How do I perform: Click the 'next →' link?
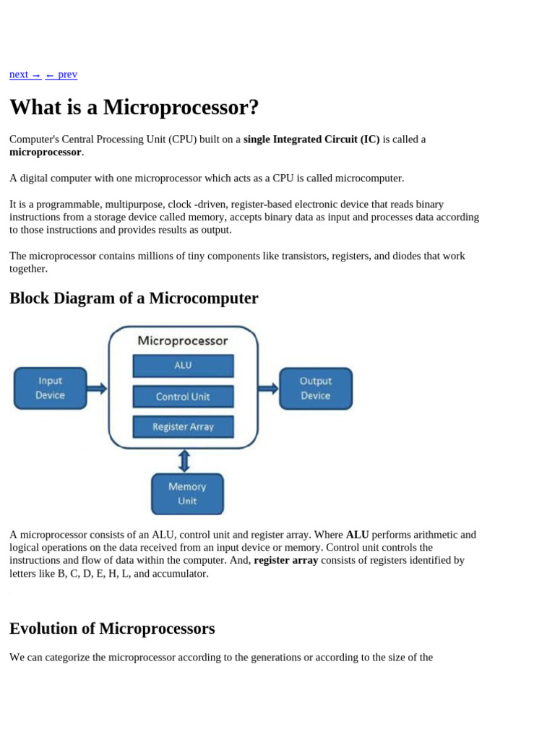(25, 74)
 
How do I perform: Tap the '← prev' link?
(61, 74)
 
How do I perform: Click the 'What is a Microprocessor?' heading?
(134, 108)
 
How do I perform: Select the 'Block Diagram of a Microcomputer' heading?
(134, 298)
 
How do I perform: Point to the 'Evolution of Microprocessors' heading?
(112, 628)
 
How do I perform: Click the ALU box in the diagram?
(183, 366)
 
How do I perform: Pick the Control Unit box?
(183, 396)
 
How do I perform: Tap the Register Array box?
(183, 426)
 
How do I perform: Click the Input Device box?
(50, 388)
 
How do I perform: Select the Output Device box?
(315, 388)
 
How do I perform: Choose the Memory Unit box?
(187, 494)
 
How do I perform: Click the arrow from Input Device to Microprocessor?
(97, 388)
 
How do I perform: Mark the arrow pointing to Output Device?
(268, 388)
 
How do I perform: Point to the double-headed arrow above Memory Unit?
(184, 460)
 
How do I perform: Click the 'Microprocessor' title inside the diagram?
(183, 340)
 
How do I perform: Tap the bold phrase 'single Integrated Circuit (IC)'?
(311, 139)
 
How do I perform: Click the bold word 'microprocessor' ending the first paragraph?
(45, 152)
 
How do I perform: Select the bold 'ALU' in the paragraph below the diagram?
(357, 535)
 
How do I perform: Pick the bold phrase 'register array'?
(285, 560)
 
